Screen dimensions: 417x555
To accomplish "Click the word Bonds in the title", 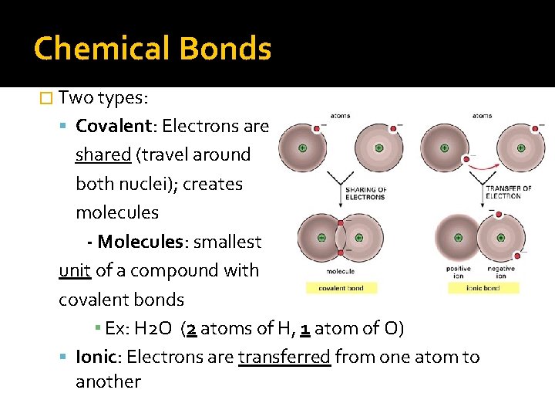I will click(x=224, y=49).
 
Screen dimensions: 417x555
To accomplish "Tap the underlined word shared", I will click(x=103, y=154).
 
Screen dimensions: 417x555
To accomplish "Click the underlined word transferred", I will click(x=284, y=357).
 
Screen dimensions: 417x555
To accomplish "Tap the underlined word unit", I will click(x=74, y=270).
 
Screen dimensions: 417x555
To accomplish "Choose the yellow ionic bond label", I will click(x=483, y=288).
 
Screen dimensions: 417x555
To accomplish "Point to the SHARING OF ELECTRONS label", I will click(x=366, y=194).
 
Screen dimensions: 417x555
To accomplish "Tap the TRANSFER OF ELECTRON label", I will click(x=509, y=192).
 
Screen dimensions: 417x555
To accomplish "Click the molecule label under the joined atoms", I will click(x=341, y=272).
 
